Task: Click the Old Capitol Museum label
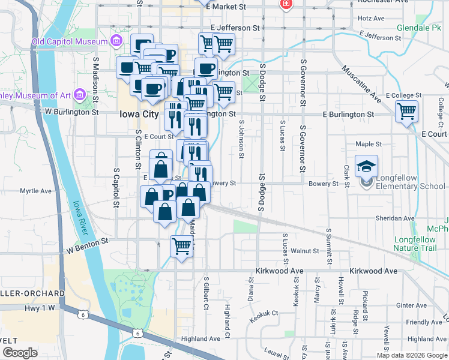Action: pyautogui.click(x=70, y=41)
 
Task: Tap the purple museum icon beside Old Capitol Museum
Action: pyautogui.click(x=116, y=41)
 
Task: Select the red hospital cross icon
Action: pyautogui.click(x=286, y=4)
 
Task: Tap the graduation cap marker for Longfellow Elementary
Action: pyautogui.click(x=366, y=166)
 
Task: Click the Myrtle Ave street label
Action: pyautogui.click(x=36, y=191)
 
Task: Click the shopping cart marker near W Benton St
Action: pyautogui.click(x=181, y=245)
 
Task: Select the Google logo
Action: pyautogui.click(x=19, y=353)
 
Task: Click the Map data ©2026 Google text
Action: pyautogui.click(x=412, y=355)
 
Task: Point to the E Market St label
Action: pyautogui.click(x=226, y=7)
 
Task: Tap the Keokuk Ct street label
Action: pyautogui.click(x=264, y=313)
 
